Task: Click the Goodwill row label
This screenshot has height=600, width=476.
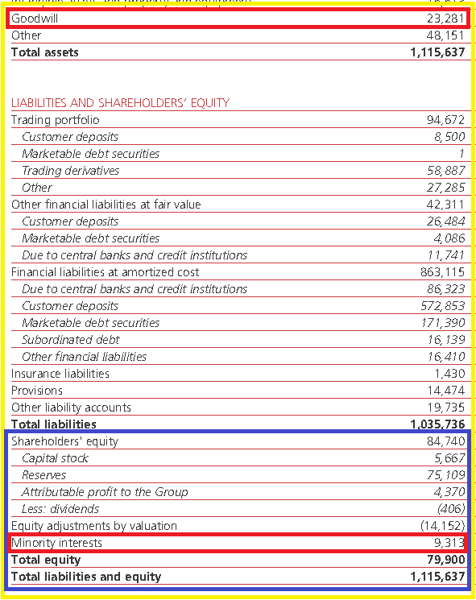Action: point(35,19)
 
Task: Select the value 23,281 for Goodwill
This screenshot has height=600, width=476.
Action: point(445,19)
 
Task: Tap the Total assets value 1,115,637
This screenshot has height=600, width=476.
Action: point(437,52)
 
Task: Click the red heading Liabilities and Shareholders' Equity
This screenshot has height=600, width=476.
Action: point(120,102)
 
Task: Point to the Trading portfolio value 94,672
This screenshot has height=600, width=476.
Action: point(445,120)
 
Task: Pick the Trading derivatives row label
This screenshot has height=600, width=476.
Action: point(70,170)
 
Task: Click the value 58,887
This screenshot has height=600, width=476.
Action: point(446,170)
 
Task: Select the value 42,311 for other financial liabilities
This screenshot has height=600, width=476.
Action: point(445,205)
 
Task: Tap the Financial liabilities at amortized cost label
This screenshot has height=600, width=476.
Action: point(106,272)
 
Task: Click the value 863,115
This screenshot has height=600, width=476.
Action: point(442,272)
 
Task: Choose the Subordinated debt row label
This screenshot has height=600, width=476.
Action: point(71,339)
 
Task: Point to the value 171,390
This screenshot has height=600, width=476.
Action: point(443,323)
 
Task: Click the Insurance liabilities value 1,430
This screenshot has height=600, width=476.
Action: point(449,374)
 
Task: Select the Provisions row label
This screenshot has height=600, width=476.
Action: point(37,391)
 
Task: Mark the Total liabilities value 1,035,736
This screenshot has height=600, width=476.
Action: point(437,424)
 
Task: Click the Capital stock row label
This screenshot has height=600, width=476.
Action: point(55,458)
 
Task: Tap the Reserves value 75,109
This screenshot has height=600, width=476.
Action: point(446,475)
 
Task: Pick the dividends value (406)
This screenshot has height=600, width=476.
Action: point(451,508)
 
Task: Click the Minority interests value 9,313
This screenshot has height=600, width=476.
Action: point(449,543)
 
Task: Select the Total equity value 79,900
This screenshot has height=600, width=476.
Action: point(446,560)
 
